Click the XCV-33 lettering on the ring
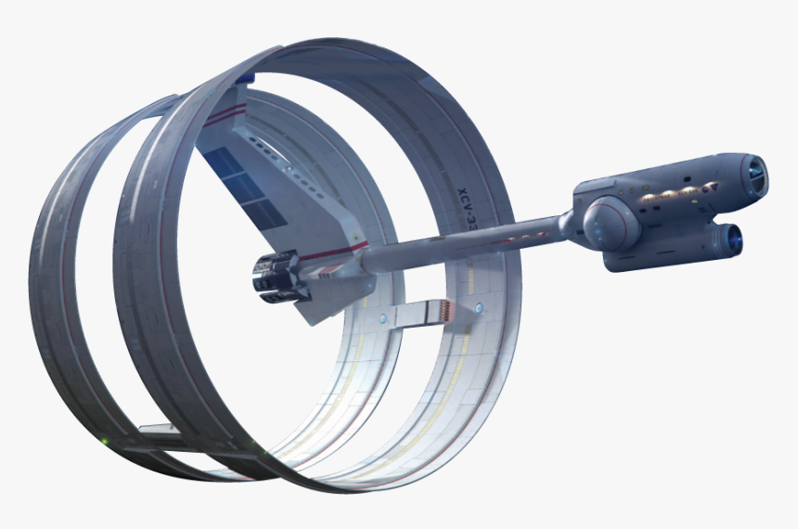point(466,213)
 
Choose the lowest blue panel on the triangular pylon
point(264,214)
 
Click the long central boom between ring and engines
point(464,243)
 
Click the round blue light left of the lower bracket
point(382,318)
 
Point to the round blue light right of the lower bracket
point(479,307)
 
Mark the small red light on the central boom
point(326,275)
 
